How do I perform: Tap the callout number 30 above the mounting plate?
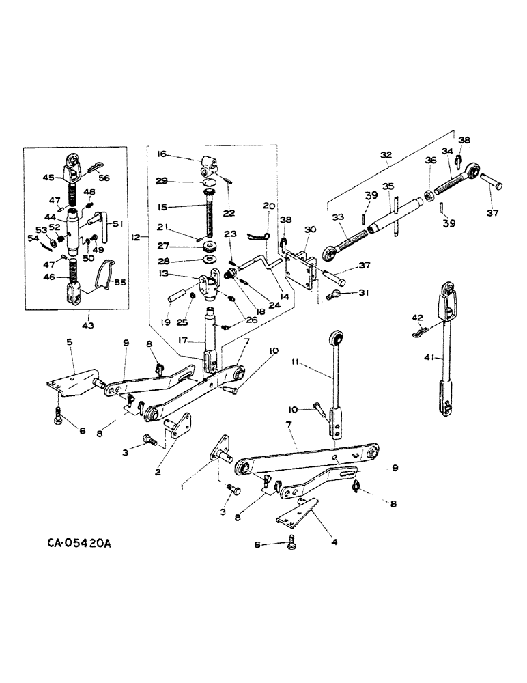pyautogui.click(x=309, y=229)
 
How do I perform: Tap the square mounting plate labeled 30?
pyautogui.click(x=300, y=268)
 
